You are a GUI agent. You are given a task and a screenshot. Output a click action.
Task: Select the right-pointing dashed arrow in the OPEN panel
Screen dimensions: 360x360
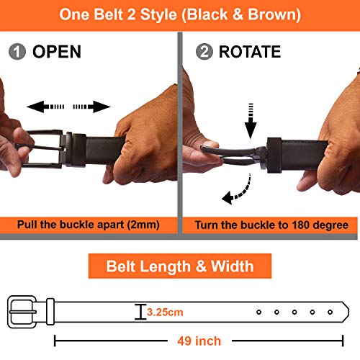(92, 107)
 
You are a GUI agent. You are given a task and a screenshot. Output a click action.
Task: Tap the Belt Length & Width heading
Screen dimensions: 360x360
(180, 266)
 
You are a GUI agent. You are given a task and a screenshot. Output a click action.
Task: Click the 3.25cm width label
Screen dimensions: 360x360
(164, 312)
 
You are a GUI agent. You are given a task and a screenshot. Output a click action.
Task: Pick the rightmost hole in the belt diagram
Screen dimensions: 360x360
(330, 312)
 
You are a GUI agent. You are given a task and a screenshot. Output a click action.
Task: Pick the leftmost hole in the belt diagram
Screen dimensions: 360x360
(258, 312)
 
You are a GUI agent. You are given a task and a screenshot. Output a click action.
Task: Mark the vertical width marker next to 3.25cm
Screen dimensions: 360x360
(139, 312)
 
